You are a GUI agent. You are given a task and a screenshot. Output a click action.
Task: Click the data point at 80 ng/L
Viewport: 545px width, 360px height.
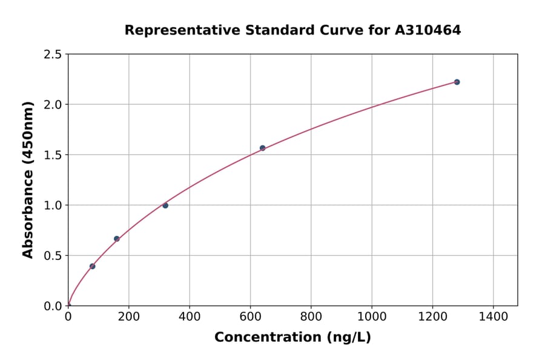tap(92, 266)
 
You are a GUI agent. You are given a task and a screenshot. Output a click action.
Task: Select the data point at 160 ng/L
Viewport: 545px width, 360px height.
tap(117, 239)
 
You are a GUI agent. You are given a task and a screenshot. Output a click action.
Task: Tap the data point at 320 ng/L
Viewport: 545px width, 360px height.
tap(165, 205)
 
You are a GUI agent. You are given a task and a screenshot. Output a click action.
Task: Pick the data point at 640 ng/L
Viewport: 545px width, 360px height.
tap(262, 148)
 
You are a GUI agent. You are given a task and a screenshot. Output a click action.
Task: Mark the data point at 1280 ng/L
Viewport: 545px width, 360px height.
tap(457, 82)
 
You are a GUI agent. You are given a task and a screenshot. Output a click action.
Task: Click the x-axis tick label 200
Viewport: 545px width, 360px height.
tap(129, 316)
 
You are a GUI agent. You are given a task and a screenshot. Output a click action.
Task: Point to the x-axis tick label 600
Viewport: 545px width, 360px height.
tap(250, 316)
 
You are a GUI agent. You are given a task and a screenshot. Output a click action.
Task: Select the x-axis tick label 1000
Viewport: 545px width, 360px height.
tap(372, 316)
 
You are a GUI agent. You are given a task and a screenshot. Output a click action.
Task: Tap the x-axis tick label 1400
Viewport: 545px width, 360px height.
tap(493, 316)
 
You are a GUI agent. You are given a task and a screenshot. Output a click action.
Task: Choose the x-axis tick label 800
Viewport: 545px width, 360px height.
tap(311, 316)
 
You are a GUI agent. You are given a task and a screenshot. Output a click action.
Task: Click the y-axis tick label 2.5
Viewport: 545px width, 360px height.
tap(53, 55)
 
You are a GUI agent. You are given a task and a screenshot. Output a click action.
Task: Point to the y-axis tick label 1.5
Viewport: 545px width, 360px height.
tap(53, 155)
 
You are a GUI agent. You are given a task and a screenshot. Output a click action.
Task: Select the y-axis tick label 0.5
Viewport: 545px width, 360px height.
tap(53, 256)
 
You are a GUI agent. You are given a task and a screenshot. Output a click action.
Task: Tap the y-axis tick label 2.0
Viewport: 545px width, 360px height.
tap(53, 105)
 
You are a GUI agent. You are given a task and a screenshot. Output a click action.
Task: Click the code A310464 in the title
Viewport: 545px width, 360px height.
tap(428, 30)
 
